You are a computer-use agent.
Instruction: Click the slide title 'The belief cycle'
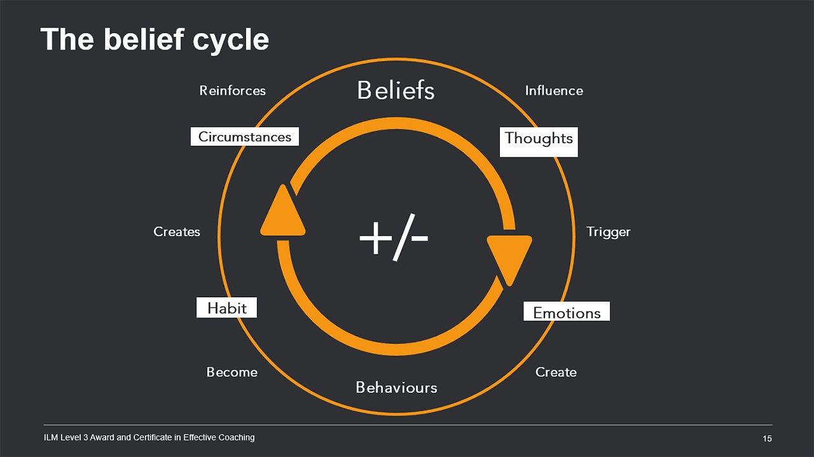pyautogui.click(x=155, y=39)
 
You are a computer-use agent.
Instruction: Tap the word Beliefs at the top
pyautogui.click(x=396, y=90)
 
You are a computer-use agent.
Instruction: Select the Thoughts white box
pyautogui.click(x=539, y=139)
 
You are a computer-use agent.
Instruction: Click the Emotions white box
pyautogui.click(x=567, y=312)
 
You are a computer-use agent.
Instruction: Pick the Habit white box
pyautogui.click(x=226, y=308)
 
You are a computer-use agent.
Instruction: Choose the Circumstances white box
pyautogui.click(x=245, y=136)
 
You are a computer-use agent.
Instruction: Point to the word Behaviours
pyautogui.click(x=396, y=387)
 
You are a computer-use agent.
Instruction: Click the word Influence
pyautogui.click(x=554, y=90)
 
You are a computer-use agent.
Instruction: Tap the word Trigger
pyautogui.click(x=608, y=232)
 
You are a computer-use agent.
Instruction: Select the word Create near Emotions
pyautogui.click(x=556, y=372)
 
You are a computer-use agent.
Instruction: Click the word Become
pyautogui.click(x=231, y=372)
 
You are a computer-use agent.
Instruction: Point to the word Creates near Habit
pyautogui.click(x=177, y=232)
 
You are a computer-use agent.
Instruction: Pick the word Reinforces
pyautogui.click(x=232, y=90)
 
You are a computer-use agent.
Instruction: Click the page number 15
pyautogui.click(x=767, y=439)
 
